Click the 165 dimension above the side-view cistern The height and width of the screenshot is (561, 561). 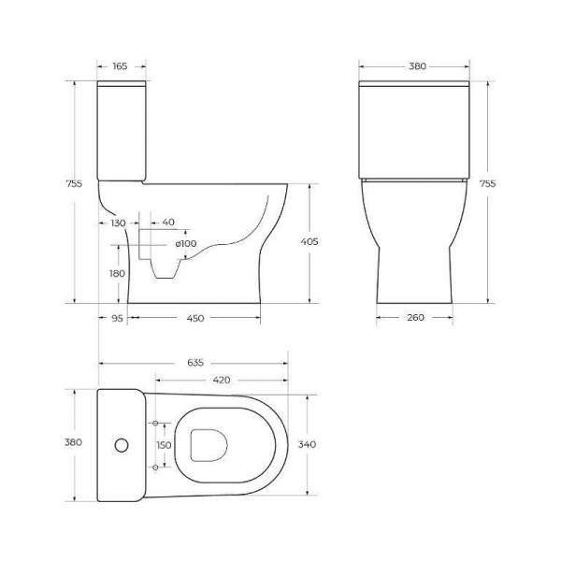[x=121, y=66]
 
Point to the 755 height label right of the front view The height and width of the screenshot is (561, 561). [x=487, y=184]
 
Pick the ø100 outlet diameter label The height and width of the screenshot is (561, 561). [x=186, y=244]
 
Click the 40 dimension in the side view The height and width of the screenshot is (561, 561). [x=168, y=223]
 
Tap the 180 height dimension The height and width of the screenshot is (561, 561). [x=117, y=273]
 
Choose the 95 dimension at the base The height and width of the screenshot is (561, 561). [x=117, y=318]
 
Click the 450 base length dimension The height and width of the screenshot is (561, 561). [x=195, y=318]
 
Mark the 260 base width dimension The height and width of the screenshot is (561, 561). [x=415, y=318]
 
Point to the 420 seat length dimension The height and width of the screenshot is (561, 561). [x=223, y=381]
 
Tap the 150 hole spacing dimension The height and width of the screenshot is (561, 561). [x=164, y=445]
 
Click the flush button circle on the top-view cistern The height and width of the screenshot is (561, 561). [x=118, y=444]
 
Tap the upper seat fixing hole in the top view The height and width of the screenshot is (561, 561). [x=155, y=424]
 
